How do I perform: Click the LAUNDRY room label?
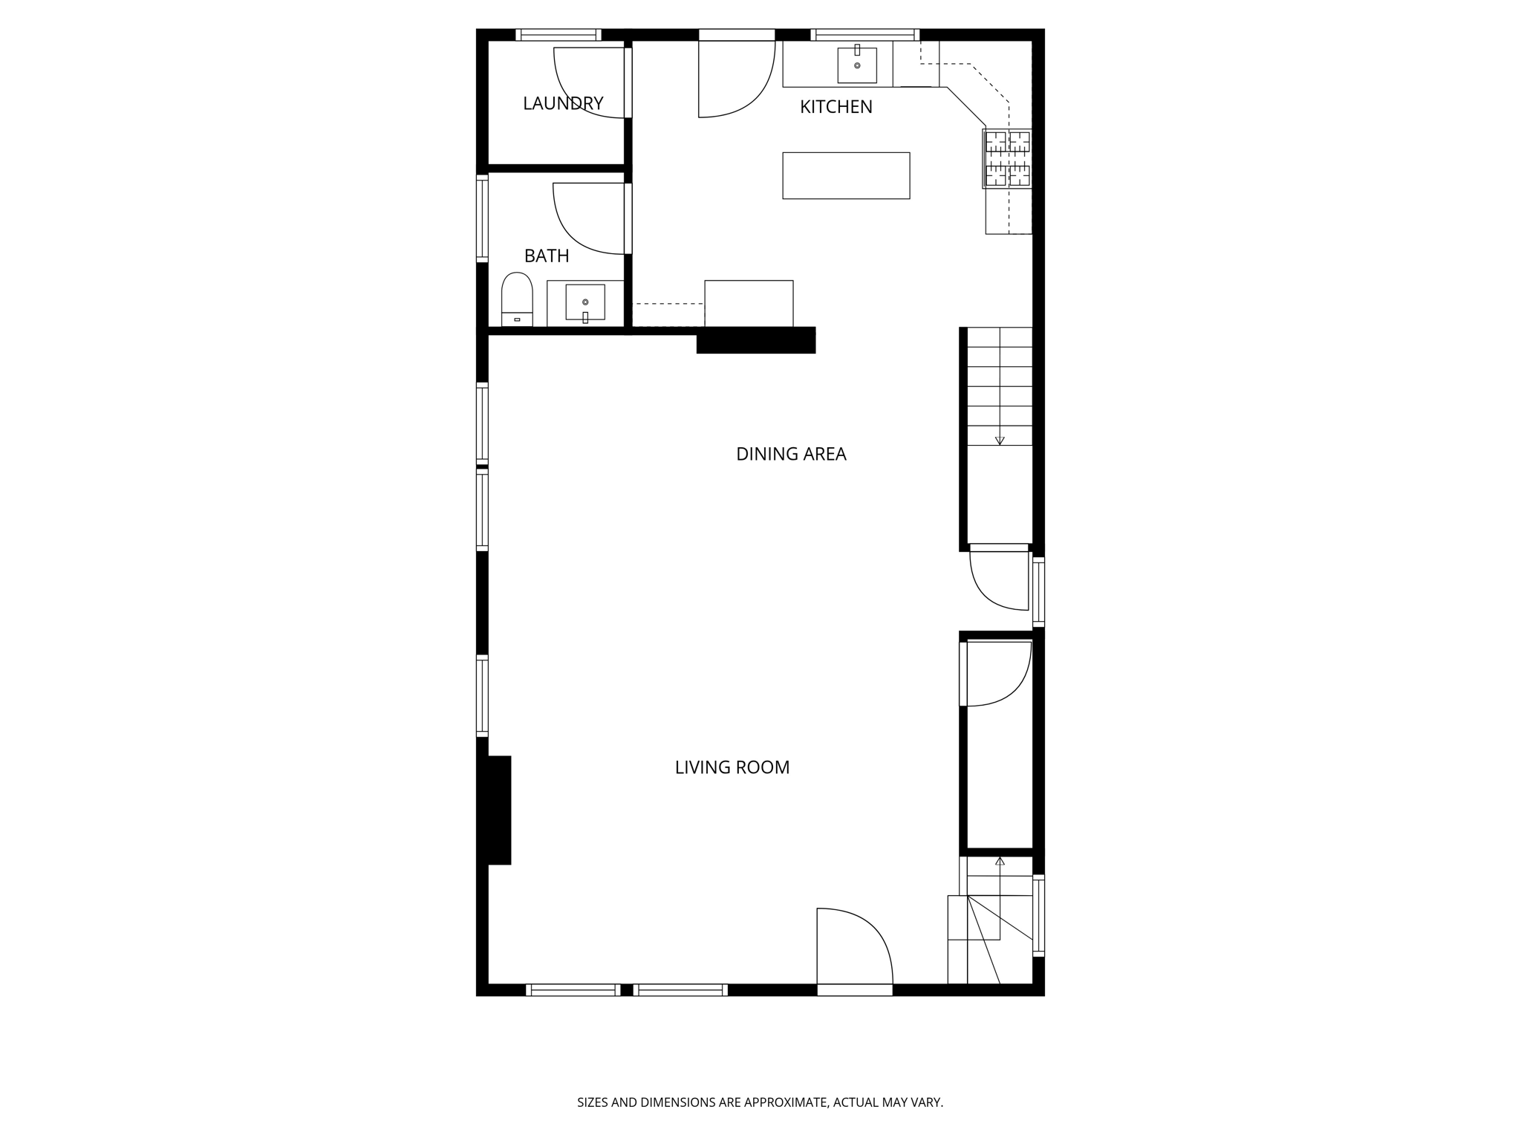point(563,103)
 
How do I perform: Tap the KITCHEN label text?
point(836,107)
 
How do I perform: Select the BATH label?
point(547,256)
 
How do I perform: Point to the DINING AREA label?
point(791,454)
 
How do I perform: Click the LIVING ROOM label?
point(732,767)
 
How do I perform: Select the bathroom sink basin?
point(585,302)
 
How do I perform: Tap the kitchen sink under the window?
point(857,65)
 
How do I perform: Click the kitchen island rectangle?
point(846,175)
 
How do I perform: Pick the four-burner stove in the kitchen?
point(1007,158)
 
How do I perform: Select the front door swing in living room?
point(854,947)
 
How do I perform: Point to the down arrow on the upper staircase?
point(1000,440)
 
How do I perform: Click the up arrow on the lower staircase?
point(1000,862)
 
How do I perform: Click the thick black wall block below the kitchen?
point(756,340)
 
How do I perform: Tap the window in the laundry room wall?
point(558,34)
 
